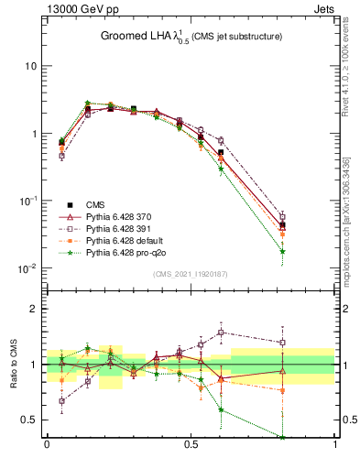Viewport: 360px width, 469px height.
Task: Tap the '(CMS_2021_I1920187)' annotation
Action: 190,273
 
